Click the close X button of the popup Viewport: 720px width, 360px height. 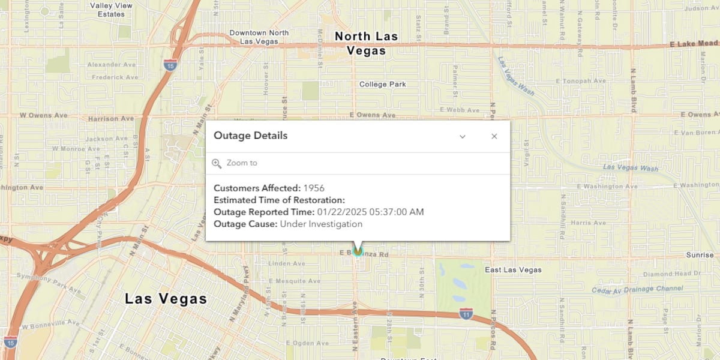[494, 136]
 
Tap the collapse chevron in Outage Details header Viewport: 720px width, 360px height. [463, 136]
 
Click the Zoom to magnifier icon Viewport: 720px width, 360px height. [217, 163]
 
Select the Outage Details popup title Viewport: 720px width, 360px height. [250, 136]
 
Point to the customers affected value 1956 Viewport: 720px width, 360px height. [314, 188]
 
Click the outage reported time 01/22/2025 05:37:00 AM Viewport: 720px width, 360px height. [370, 212]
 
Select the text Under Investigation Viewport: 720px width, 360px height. [321, 224]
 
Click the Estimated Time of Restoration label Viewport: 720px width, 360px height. [279, 200]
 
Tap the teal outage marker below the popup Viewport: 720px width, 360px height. [358, 252]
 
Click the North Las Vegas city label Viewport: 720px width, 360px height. [366, 43]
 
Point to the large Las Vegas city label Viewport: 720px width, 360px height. [166, 299]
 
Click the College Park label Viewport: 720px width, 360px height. [382, 85]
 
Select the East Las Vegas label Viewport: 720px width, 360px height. [513, 270]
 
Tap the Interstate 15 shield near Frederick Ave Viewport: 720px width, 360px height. [170, 65]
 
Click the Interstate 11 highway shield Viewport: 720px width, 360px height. [466, 314]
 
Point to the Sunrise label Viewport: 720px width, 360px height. [700, 255]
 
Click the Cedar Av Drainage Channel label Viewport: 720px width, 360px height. [637, 290]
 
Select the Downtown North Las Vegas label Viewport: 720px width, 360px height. [259, 37]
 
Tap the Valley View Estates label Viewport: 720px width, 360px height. [111, 10]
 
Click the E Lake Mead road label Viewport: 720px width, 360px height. [694, 44]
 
